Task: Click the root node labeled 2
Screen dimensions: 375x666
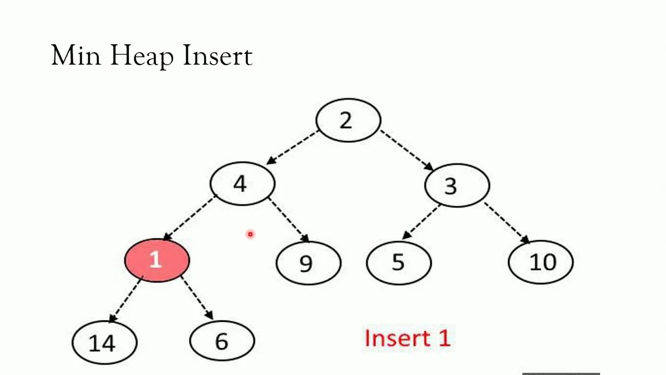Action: coord(348,120)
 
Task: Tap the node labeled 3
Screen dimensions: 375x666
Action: coord(457,185)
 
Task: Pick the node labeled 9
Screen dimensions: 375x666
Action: coord(308,263)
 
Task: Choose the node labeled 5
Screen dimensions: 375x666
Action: coord(399,262)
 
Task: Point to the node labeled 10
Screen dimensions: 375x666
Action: coord(541,262)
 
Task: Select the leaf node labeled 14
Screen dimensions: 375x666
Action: coord(104,342)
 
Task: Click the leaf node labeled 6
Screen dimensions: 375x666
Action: coord(222,341)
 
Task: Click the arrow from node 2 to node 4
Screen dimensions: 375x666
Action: coord(292,147)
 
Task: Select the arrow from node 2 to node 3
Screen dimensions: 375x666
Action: coord(406,150)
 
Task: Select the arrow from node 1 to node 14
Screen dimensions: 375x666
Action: coord(125,299)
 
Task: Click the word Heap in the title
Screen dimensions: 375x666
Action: coord(142,56)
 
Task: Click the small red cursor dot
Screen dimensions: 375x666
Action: coord(250,234)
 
